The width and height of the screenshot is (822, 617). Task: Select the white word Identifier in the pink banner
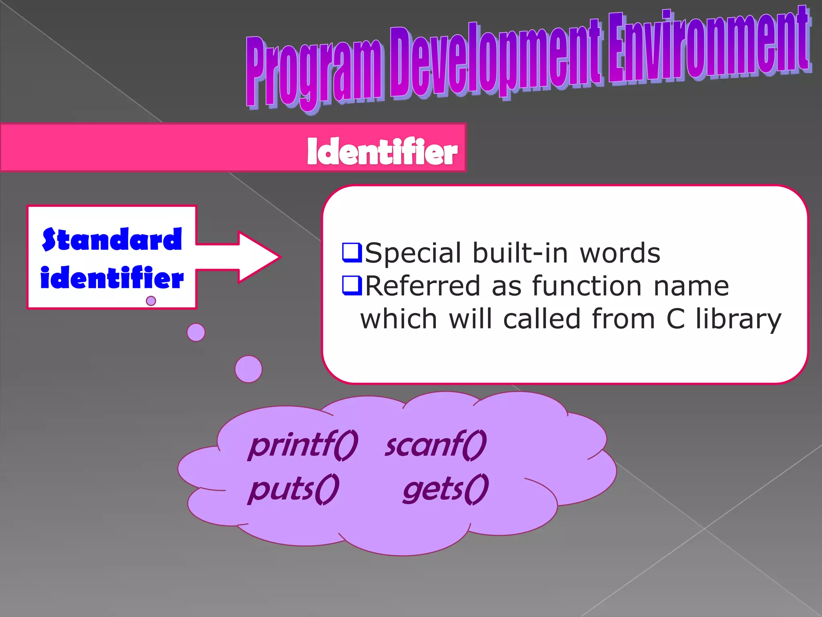tap(382, 151)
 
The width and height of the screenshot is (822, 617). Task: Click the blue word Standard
tap(112, 239)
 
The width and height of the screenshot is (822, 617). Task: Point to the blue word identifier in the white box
tap(112, 278)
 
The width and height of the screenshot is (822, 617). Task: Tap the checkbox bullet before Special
tap(352, 253)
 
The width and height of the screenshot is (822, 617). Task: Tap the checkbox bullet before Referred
tap(352, 286)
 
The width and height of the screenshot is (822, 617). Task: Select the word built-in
tap(520, 253)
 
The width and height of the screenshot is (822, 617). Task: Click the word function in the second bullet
tap(587, 286)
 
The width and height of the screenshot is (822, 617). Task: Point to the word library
tap(739, 320)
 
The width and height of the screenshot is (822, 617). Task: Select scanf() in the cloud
tap(436, 445)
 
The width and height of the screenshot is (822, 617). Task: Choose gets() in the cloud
tap(446, 489)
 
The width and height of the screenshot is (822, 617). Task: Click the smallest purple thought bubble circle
tap(151, 301)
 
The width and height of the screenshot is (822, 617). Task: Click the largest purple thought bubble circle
tap(248, 369)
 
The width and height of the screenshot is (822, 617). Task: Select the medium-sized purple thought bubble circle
tap(196, 333)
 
